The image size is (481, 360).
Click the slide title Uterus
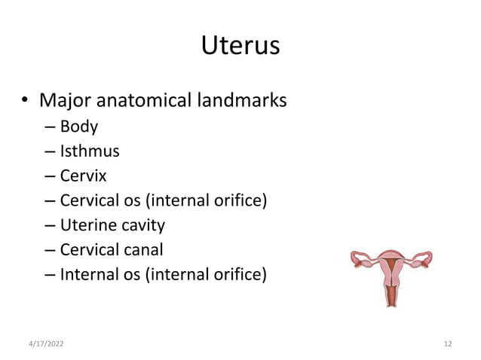click(240, 47)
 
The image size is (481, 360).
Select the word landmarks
click(245, 99)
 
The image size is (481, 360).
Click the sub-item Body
click(79, 126)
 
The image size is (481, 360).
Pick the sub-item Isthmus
click(90, 151)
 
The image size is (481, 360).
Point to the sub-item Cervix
click(84, 175)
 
